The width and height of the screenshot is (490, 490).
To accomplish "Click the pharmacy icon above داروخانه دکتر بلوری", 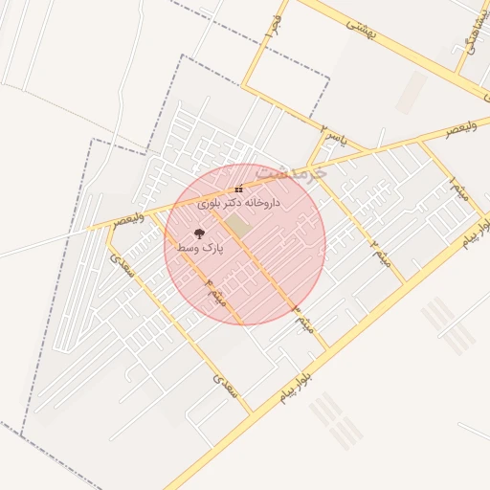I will click(238, 189).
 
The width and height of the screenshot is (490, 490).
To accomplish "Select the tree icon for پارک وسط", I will click(199, 234).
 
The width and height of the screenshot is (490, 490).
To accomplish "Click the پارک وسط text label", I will click(199, 248).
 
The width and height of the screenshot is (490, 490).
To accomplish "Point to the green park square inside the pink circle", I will click(237, 226).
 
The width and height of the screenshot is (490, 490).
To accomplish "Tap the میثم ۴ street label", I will click(216, 292).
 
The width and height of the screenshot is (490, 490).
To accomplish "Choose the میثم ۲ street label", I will click(382, 250).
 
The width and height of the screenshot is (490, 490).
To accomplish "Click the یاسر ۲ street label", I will click(330, 133).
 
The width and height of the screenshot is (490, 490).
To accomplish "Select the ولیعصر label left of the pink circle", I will click(128, 219).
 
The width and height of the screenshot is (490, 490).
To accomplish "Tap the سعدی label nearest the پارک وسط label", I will click(122, 265).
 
